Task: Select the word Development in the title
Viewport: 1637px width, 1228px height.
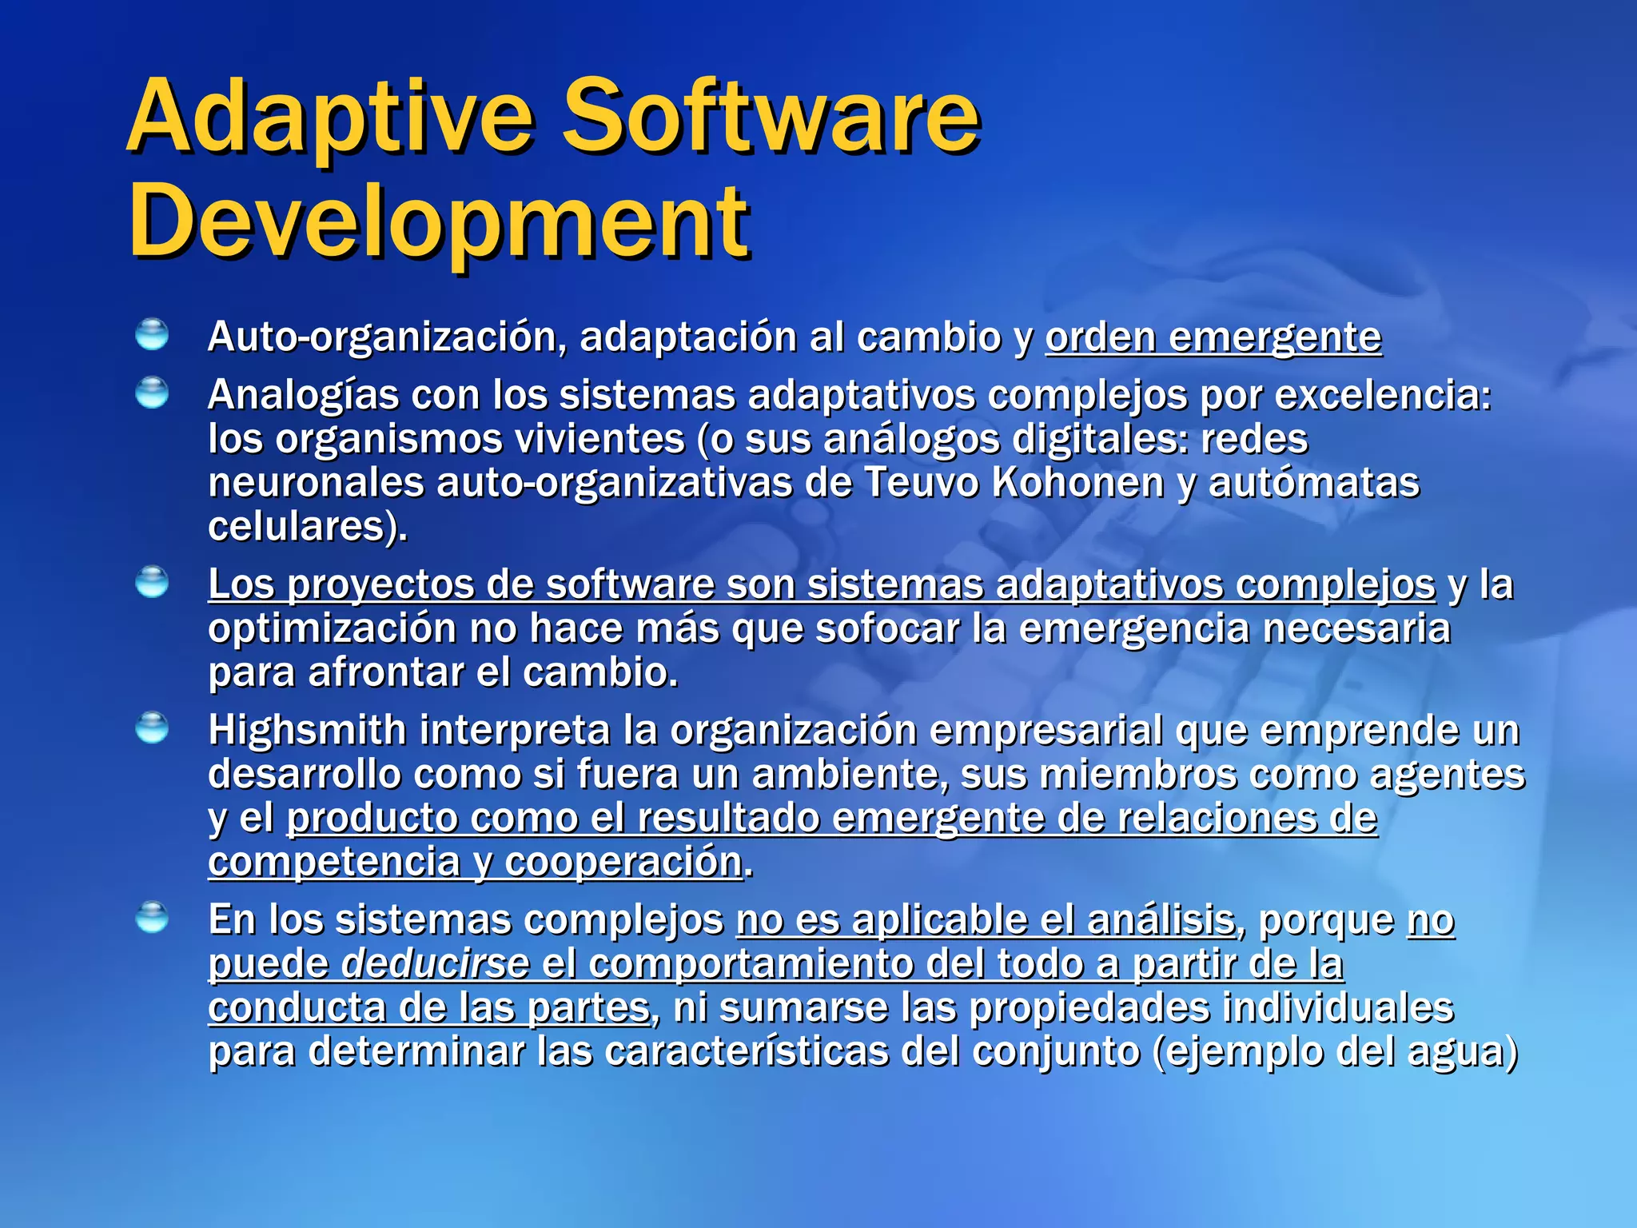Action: tap(439, 221)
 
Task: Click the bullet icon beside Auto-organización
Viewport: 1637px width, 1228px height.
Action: tap(152, 334)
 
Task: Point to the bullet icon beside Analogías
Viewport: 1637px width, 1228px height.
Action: tap(152, 393)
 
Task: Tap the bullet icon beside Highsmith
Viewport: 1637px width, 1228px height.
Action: tap(152, 728)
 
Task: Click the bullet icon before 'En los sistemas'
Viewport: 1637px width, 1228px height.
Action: tap(152, 917)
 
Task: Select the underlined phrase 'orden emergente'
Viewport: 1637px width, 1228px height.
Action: tap(1213, 337)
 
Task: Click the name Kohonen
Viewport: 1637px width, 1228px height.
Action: tap(1077, 483)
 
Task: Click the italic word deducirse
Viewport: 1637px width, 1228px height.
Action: tap(435, 964)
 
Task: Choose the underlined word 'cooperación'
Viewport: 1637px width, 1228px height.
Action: tap(623, 862)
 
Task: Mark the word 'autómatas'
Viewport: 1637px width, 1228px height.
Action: tap(1313, 483)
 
